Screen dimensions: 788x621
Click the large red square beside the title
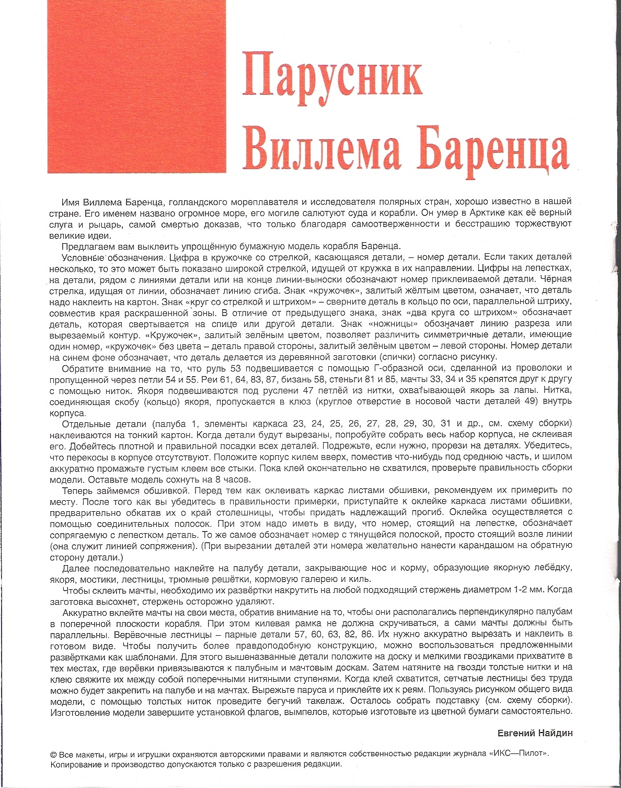(137, 86)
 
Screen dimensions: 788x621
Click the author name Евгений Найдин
(535, 733)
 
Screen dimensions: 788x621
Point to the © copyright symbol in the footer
(53, 755)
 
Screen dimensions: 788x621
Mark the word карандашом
(490, 545)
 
